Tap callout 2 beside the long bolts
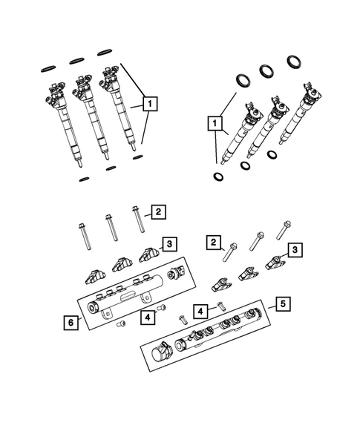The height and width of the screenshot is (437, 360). (160, 212)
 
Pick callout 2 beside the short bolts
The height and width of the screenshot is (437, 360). (214, 242)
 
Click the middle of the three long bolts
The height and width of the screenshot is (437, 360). (111, 232)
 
